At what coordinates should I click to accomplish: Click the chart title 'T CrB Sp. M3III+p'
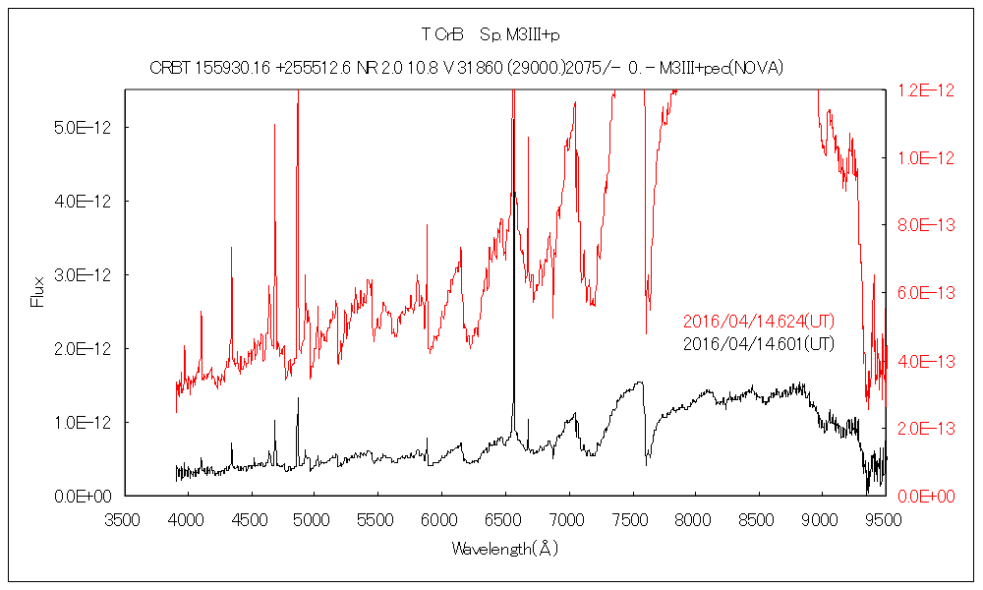pyautogui.click(x=491, y=35)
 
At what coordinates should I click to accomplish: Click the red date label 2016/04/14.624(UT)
pyautogui.click(x=759, y=322)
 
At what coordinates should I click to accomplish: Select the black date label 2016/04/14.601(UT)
pyautogui.click(x=759, y=343)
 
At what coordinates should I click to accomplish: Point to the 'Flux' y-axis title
pyautogui.click(x=38, y=292)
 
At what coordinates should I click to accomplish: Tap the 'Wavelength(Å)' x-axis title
pyautogui.click(x=504, y=548)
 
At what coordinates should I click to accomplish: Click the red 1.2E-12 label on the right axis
pyautogui.click(x=925, y=89)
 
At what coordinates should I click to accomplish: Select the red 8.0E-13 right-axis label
pyautogui.click(x=925, y=225)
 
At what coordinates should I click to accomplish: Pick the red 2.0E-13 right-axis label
pyautogui.click(x=925, y=428)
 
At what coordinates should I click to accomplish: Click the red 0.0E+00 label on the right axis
pyautogui.click(x=925, y=496)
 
